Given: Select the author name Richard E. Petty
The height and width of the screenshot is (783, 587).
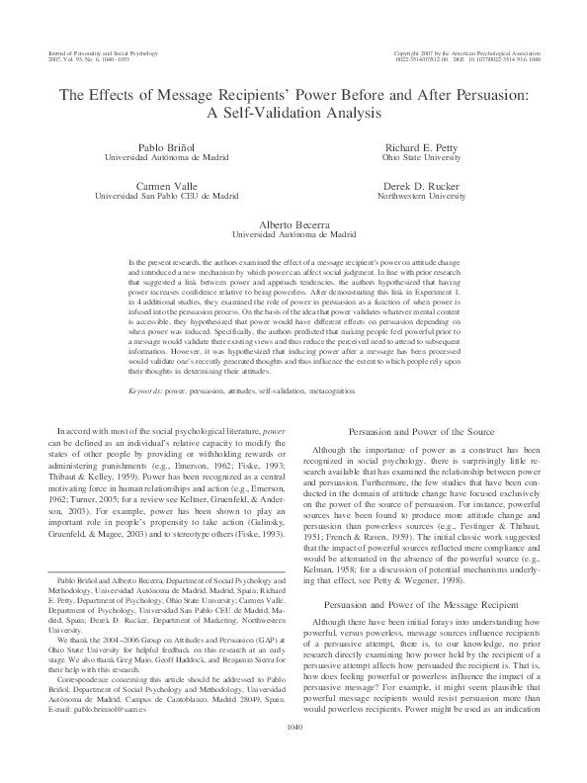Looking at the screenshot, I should (421, 145).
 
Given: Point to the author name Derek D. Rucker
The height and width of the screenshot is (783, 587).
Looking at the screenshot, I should (421, 185).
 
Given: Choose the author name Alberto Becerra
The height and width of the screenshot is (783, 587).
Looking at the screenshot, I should (293, 224).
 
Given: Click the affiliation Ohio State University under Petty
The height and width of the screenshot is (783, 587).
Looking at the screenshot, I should (421, 156).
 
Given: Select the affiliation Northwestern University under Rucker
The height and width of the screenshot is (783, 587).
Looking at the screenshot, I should (421, 196).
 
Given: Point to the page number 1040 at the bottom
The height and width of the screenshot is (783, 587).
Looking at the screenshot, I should (293, 753).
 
